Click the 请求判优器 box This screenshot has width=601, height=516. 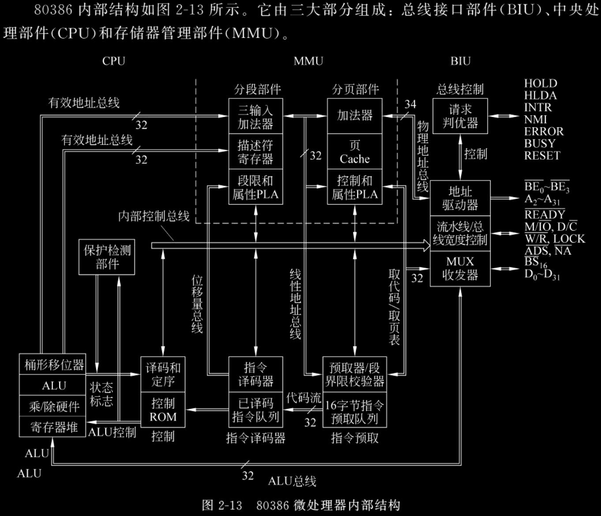coord(460,116)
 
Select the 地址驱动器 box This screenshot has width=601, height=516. coord(460,198)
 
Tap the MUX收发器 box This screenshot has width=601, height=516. coord(460,268)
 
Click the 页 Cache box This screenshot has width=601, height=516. coord(354,151)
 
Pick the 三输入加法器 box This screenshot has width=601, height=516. coord(255,116)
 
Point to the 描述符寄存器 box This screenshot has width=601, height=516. coord(255,151)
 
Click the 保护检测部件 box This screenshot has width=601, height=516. coord(107,257)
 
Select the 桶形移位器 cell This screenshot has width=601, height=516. coord(53,365)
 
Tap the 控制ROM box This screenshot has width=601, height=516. coord(163,410)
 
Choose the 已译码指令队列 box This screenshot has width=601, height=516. coord(255,410)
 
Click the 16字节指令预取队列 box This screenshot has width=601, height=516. coord(354,412)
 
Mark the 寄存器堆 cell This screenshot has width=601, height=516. coord(53,427)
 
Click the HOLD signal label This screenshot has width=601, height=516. coord(540,83)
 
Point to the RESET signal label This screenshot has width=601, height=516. coord(541,156)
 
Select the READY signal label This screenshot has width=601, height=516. coord(545,215)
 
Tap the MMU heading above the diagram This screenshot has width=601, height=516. coord(308,61)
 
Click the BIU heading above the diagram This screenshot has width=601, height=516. coord(460,61)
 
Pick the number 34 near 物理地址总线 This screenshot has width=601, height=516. coord(410,104)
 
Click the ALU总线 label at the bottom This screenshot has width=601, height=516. coord(292,481)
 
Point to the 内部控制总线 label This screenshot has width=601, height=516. coord(154,216)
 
